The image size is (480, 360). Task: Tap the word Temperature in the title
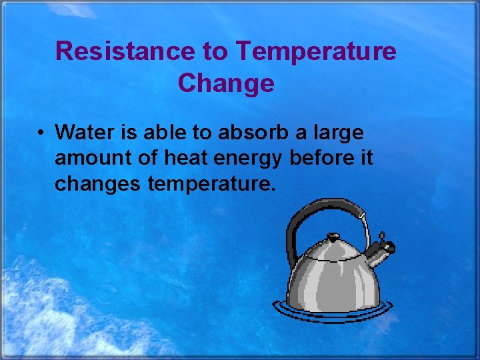pos(317,51)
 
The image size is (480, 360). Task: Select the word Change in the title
pos(226,83)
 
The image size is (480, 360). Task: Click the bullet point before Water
pos(41,133)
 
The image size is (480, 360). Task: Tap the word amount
pos(86,158)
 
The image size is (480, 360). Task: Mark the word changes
pos(97,184)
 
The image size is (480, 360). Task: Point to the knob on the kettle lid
pos(333,237)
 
